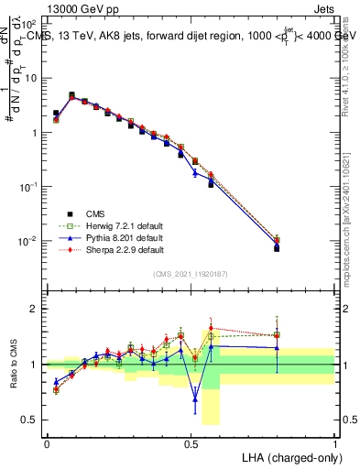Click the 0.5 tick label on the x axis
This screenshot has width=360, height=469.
tap(191, 442)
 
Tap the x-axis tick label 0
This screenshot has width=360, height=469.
tap(47, 442)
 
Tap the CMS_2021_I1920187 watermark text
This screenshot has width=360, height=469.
tap(191, 273)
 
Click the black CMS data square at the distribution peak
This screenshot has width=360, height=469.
tap(71, 94)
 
